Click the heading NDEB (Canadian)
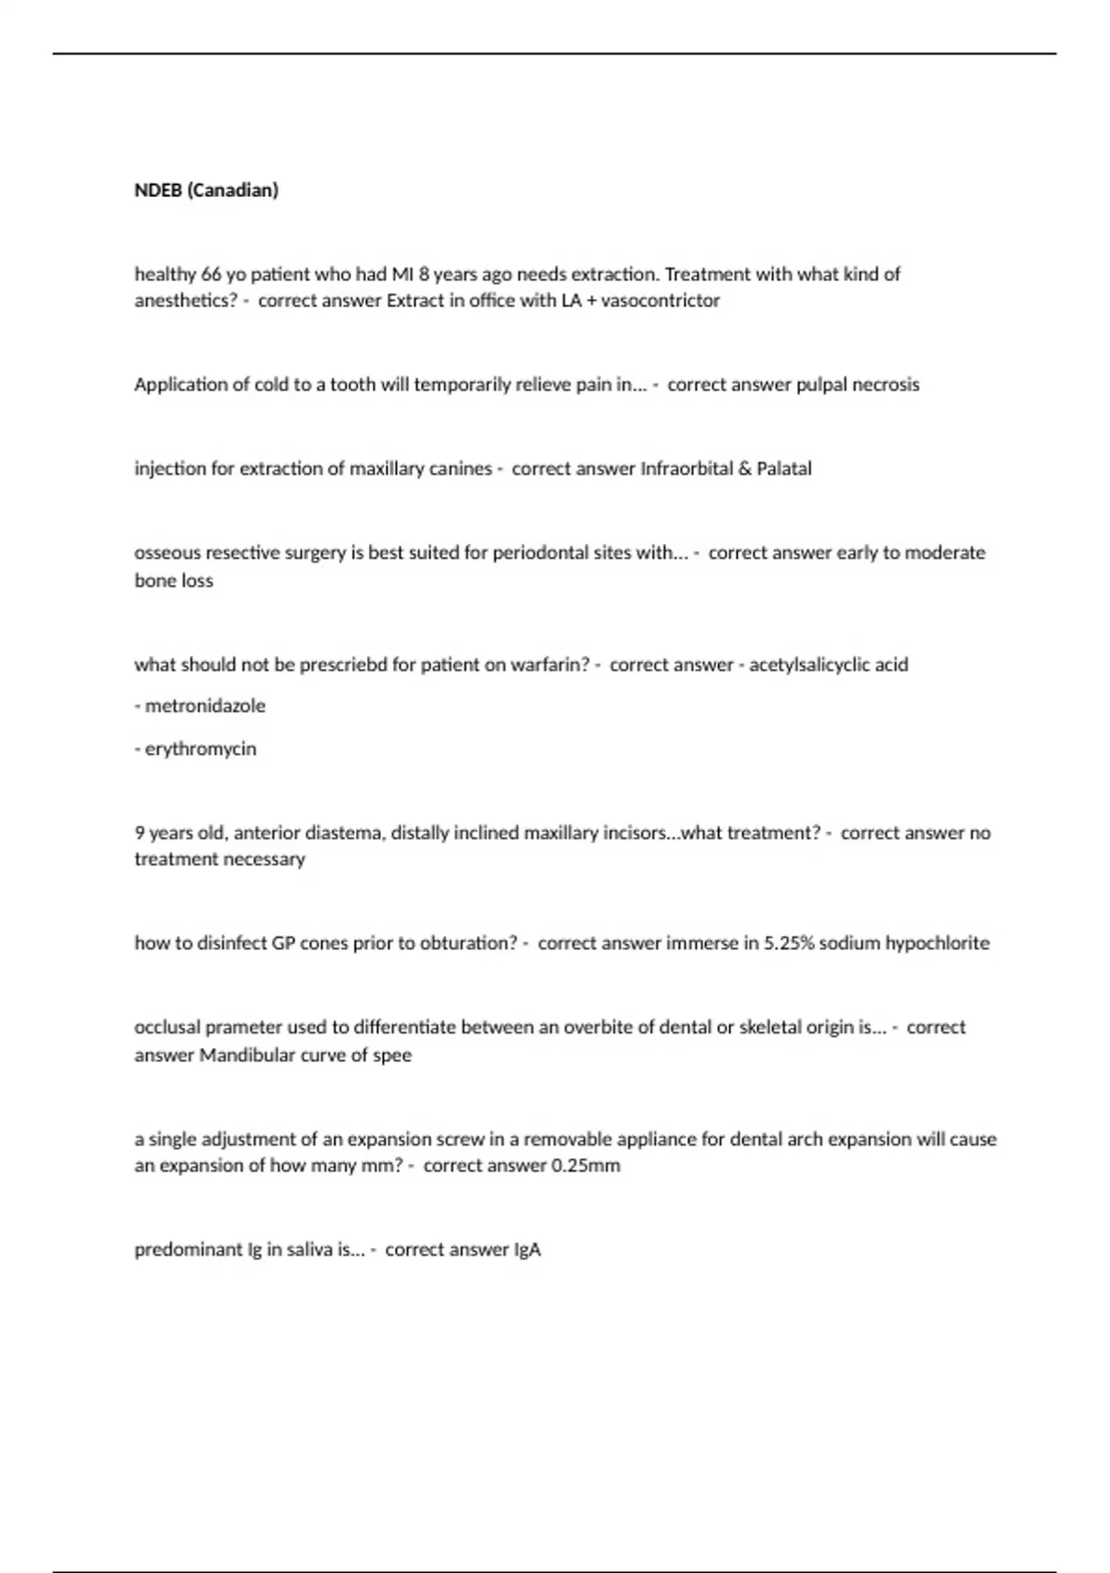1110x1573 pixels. pos(206,191)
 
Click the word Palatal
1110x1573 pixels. pos(783,469)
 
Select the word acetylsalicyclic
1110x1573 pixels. pos(829,664)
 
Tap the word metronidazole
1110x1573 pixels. pos(204,706)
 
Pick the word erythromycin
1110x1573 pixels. pos(200,749)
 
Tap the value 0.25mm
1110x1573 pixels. pos(586,1166)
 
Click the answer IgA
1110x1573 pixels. pos(527,1250)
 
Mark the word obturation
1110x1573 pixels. pos(467,944)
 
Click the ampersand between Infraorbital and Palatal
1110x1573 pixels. pos(745,469)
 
